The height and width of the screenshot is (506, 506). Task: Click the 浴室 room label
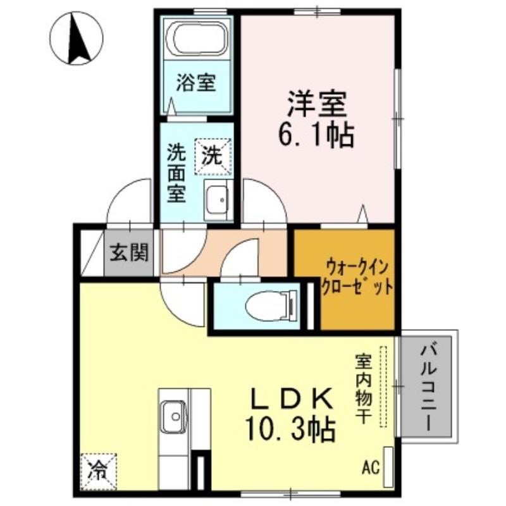click(196, 82)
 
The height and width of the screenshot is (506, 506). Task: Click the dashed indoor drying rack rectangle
click(383, 386)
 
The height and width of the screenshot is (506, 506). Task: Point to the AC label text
click(371, 468)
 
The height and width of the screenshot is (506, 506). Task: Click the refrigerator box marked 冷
click(98, 471)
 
